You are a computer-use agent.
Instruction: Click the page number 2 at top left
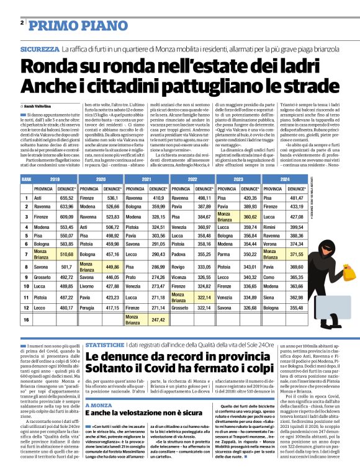22,22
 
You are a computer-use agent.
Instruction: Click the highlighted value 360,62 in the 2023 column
251,217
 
